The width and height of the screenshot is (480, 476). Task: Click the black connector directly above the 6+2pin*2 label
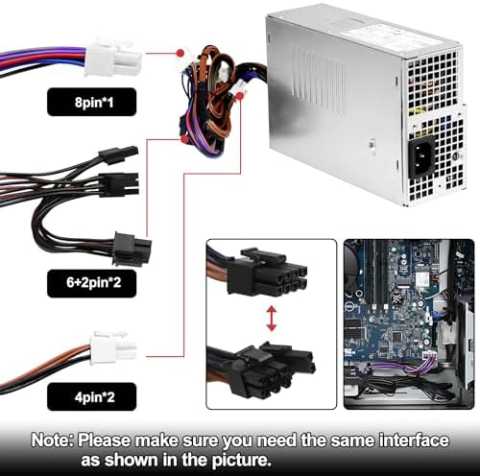[132, 248]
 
